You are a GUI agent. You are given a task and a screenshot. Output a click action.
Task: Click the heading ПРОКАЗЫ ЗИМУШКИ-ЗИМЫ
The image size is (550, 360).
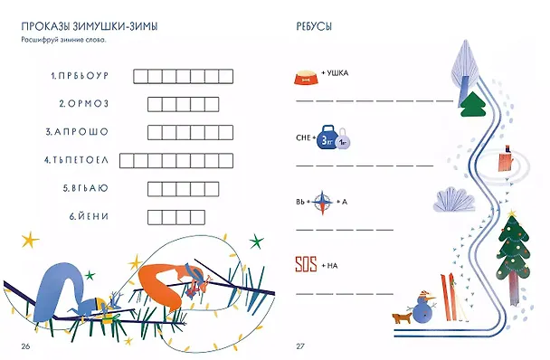tap(90, 26)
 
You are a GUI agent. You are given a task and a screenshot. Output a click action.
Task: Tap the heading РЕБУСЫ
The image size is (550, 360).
tap(314, 26)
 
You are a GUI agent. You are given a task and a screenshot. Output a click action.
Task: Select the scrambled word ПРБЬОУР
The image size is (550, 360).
tap(83, 76)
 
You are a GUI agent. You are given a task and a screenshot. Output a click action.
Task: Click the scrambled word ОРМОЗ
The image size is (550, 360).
tap(88, 104)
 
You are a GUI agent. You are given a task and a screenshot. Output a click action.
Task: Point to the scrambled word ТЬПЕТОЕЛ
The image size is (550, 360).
tap(81, 160)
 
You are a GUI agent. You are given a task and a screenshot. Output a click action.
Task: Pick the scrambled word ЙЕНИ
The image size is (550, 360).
tap(93, 216)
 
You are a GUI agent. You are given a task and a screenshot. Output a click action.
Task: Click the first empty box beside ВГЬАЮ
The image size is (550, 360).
tap(155, 189)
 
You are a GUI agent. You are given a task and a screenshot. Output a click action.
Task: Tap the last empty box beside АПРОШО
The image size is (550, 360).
tap(226, 133)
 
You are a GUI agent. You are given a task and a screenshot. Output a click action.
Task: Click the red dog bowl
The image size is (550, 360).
tap(307, 78)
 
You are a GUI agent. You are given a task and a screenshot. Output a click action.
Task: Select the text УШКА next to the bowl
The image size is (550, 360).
tap(337, 73)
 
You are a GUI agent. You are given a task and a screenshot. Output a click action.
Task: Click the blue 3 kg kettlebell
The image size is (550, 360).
tap(327, 137)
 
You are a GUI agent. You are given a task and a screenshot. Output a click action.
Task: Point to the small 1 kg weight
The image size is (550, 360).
tap(343, 140)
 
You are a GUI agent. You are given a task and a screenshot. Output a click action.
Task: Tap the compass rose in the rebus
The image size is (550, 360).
tap(322, 202)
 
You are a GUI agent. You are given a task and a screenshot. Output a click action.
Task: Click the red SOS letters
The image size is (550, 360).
tap(306, 264)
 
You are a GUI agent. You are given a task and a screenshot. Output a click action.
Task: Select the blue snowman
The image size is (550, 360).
tap(422, 307)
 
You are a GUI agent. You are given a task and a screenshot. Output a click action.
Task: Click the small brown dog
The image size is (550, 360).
tap(402, 318)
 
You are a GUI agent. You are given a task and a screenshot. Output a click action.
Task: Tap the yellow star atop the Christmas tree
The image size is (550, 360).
tap(512, 213)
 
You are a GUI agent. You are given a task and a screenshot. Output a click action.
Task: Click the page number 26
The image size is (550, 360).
tap(25, 346)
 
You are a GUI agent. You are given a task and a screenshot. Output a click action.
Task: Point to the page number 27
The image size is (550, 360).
tap(300, 346)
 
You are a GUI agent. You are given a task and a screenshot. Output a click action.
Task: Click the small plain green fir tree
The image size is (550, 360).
tap(473, 104)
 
